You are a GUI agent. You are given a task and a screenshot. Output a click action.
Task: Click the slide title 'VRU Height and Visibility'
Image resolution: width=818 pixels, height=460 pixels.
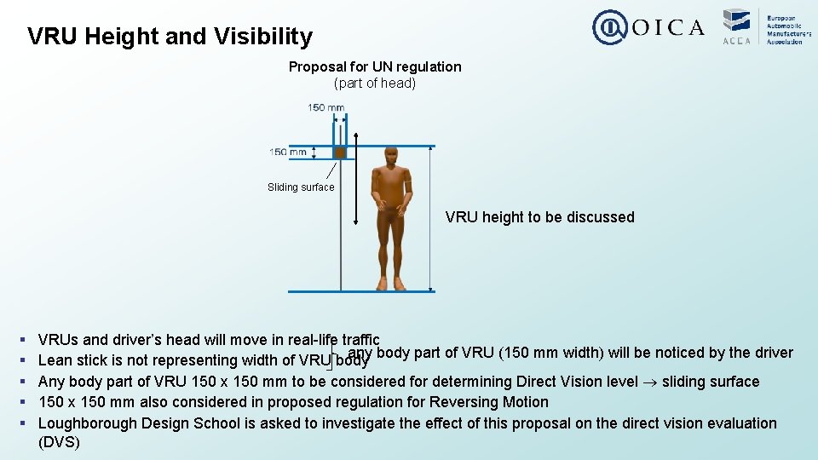click(x=170, y=37)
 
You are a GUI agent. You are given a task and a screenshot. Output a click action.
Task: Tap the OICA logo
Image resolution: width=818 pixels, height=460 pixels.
click(x=648, y=27)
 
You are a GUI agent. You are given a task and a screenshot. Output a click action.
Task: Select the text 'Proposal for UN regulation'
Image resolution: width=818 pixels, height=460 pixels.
click(x=375, y=66)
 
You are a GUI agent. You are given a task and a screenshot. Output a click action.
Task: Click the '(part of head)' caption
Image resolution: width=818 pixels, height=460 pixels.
click(x=375, y=83)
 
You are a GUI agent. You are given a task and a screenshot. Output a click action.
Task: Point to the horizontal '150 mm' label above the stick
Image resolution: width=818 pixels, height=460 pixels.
click(x=326, y=107)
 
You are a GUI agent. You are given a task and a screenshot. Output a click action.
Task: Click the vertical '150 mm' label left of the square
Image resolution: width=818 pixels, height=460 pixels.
click(x=288, y=152)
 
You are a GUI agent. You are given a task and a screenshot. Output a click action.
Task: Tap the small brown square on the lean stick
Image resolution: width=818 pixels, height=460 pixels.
click(x=339, y=152)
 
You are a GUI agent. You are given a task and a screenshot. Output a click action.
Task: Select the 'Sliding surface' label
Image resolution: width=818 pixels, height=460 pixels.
click(x=301, y=187)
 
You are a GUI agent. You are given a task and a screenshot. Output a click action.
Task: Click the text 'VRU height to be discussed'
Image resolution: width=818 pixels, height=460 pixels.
click(x=539, y=217)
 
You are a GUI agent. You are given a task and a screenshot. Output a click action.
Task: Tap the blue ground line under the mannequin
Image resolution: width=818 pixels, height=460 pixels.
click(x=361, y=292)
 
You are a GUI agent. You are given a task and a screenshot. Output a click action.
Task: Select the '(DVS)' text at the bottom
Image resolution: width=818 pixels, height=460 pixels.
click(x=59, y=443)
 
